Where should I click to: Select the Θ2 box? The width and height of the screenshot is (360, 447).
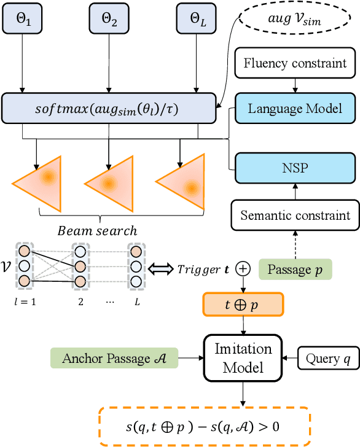[x=108, y=17]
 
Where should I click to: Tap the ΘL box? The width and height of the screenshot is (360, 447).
[x=195, y=17]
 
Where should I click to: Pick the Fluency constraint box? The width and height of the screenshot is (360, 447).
[x=295, y=63]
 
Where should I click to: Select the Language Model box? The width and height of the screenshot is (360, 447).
[x=295, y=109]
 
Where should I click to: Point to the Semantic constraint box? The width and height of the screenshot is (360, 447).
[x=295, y=215]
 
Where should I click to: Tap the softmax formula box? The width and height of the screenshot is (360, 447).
[x=109, y=109]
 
